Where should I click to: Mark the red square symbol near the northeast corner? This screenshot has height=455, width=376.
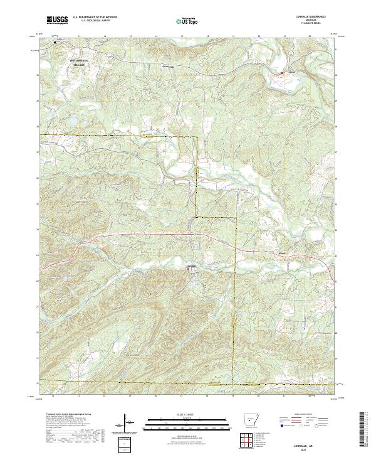[x=281, y=73]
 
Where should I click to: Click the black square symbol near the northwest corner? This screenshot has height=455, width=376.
[x=54, y=43]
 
